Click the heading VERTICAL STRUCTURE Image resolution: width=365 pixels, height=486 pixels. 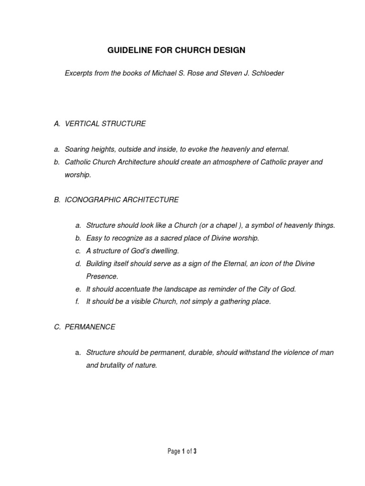point(105,124)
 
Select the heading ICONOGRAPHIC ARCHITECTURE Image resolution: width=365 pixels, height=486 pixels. point(122,200)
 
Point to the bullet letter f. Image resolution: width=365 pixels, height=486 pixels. point(77,302)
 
